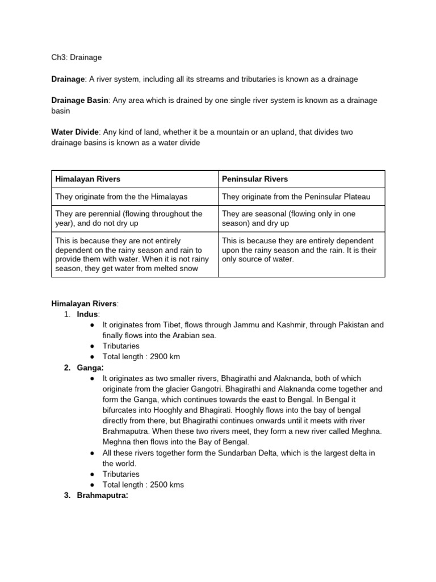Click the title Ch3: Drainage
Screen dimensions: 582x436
[x=77, y=57]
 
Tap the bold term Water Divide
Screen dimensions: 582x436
[x=75, y=132]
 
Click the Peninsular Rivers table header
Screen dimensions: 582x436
[x=255, y=179]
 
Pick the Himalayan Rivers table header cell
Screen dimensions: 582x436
[x=87, y=179]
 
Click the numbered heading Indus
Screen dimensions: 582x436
[x=88, y=314]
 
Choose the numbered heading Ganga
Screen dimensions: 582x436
[x=89, y=368]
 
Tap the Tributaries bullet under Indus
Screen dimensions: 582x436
[x=120, y=346]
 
